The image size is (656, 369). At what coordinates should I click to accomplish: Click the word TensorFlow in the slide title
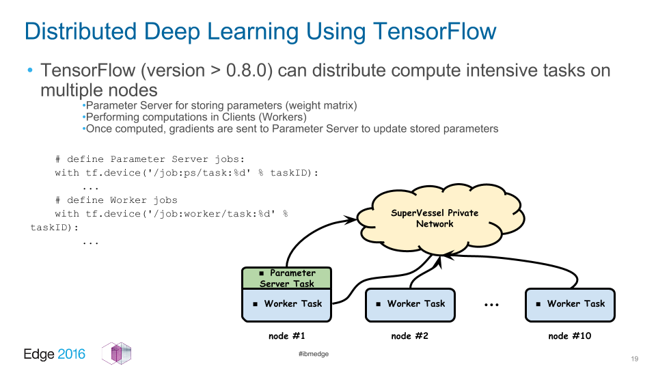click(x=435, y=31)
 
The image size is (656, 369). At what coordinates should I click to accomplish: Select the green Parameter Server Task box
click(x=286, y=278)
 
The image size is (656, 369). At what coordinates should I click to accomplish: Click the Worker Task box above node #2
click(x=410, y=305)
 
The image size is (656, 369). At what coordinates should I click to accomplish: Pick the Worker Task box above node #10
click(x=570, y=305)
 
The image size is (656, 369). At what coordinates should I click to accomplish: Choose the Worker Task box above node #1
click(x=286, y=305)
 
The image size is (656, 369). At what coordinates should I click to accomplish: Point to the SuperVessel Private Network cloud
click(x=439, y=219)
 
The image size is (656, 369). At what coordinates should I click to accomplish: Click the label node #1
click(x=286, y=336)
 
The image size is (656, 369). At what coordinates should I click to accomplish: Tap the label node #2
click(x=409, y=336)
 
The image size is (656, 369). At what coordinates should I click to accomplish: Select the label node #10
click(x=570, y=336)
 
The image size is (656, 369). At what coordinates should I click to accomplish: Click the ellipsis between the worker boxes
click(x=491, y=305)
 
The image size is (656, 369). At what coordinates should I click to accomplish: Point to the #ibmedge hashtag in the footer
click(x=314, y=354)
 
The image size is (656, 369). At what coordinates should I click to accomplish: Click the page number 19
click(x=635, y=359)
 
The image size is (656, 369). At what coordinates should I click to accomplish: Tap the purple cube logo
click(x=116, y=353)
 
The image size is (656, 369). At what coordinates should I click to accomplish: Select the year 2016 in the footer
click(x=71, y=354)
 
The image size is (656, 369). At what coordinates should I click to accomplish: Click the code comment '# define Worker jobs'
click(x=116, y=200)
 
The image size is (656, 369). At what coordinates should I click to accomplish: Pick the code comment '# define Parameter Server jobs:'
click(x=150, y=159)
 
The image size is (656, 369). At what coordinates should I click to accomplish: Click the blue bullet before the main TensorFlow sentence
click(x=29, y=70)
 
